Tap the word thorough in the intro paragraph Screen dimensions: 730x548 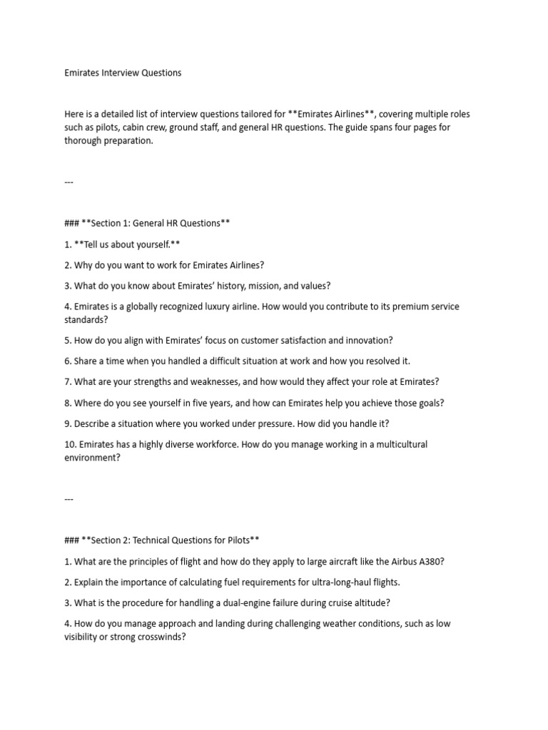[x=83, y=140]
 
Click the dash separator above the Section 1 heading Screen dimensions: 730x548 [x=69, y=182]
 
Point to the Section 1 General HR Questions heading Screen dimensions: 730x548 [x=147, y=223]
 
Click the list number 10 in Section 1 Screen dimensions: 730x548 [x=69, y=444]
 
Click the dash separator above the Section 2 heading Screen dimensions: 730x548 [x=69, y=499]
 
